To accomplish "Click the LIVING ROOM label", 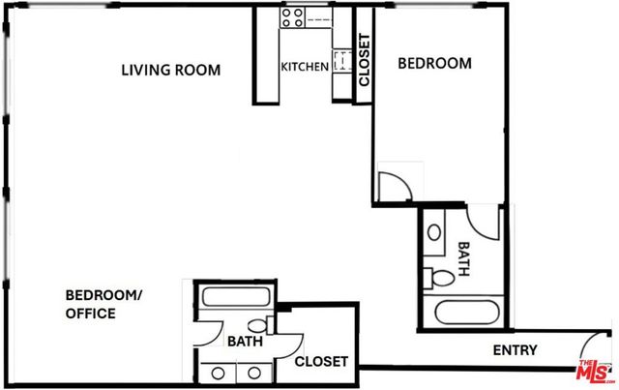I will (170, 71).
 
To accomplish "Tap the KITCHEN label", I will (304, 67).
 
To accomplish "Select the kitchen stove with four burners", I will (293, 16).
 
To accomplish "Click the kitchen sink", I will (340, 62).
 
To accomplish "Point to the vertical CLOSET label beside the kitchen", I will (365, 62).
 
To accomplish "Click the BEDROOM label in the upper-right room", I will (435, 64).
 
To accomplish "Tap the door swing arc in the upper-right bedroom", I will (397, 186).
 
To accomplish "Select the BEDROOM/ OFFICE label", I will (103, 304).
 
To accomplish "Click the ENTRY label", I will (515, 350).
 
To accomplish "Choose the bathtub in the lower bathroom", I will (236, 300).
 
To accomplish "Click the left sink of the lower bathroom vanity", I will (220, 372).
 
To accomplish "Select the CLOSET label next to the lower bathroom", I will (321, 361).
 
